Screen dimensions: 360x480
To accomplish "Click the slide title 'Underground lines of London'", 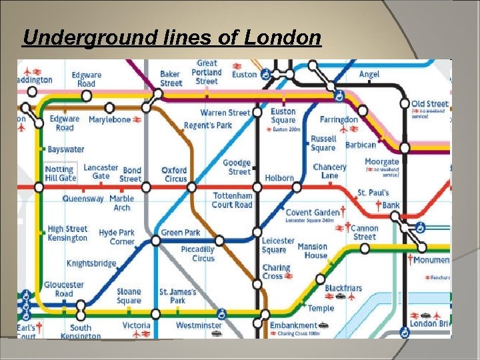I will tap(172, 38).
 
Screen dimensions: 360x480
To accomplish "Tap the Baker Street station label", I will tap(171, 79).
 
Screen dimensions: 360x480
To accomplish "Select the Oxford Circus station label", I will tap(175, 174).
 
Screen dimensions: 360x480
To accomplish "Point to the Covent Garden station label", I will tap(313, 212).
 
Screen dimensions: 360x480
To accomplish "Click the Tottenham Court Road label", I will tap(232, 200).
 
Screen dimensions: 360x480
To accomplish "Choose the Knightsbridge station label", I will tap(91, 263).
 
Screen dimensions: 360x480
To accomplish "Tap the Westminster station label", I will tap(199, 325).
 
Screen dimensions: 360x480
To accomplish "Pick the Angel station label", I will tap(369, 74).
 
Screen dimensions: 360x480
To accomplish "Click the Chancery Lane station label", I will tap(330, 171).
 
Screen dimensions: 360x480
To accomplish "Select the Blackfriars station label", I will tap(343, 288).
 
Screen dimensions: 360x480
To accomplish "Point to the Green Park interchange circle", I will tap(156, 241).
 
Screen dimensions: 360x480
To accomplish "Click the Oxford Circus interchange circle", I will tap(192, 187).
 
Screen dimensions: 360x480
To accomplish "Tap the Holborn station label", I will tap(279, 178).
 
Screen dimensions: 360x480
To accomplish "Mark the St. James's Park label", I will tap(177, 296).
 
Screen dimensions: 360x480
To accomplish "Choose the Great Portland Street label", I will tap(207, 72).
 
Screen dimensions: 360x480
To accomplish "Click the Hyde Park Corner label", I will tap(117, 237).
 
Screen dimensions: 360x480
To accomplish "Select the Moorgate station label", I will tap(382, 162).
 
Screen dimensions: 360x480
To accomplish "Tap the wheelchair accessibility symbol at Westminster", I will tap(222, 313).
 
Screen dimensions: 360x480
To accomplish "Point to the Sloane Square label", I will tap(129, 296).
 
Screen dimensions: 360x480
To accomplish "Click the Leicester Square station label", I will tap(278, 245).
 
